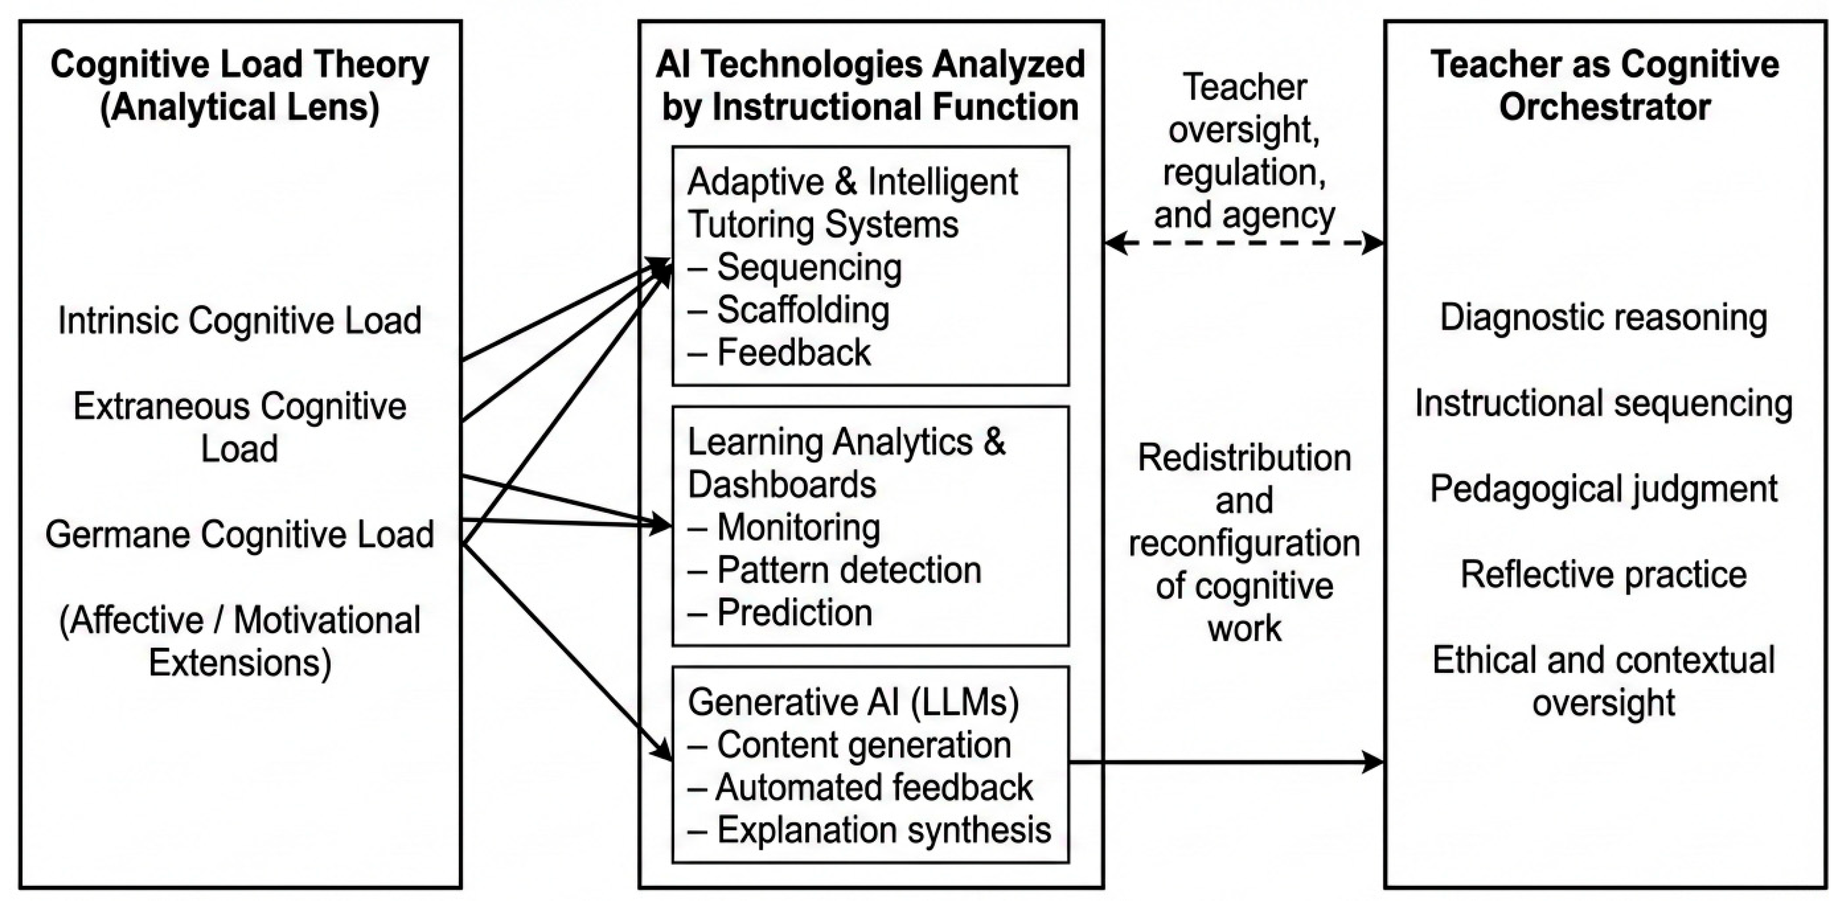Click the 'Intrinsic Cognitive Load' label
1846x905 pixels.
pyautogui.click(x=240, y=320)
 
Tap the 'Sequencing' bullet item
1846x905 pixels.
pyautogui.click(x=808, y=267)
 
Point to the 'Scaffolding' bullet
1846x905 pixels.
pyautogui.click(x=803, y=310)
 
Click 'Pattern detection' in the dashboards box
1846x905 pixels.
pyautogui.click(x=848, y=570)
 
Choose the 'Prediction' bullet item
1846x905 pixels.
pyautogui.click(x=794, y=613)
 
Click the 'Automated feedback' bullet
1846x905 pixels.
pyautogui.click(x=874, y=787)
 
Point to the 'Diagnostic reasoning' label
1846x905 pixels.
pyautogui.click(x=1604, y=318)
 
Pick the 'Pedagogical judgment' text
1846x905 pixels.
pyautogui.click(x=1604, y=488)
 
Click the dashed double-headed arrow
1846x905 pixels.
pyautogui.click(x=1244, y=243)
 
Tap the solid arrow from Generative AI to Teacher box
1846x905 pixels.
pyautogui.click(x=1226, y=762)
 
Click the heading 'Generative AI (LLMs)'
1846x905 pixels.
pyautogui.click(x=853, y=702)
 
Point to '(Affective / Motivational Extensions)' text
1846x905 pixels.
pyautogui.click(x=240, y=641)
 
